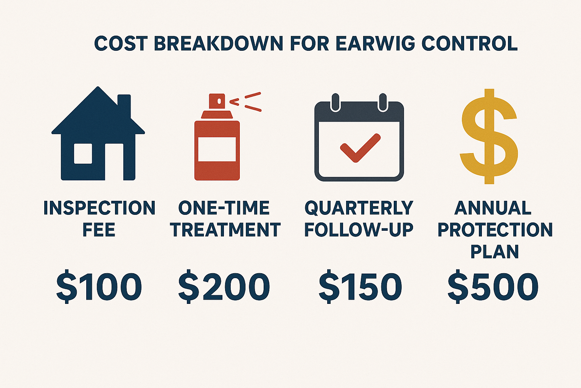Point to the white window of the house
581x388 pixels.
83,153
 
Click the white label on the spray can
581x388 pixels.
217,149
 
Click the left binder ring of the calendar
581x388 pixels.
336,102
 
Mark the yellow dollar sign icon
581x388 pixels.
489,136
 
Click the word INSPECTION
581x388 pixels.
99,208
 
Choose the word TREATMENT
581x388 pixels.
225,230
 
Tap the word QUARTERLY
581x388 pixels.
359,208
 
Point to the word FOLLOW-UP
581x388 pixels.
359,230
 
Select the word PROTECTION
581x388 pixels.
495,230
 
